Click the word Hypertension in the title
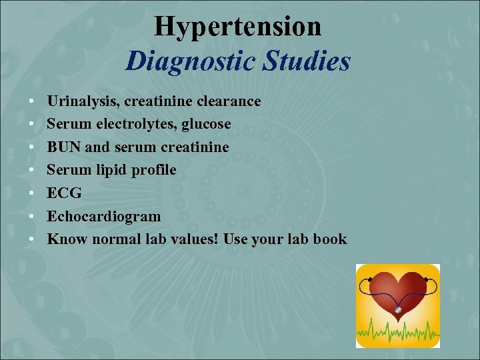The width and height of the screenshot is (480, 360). pyautogui.click(x=237, y=27)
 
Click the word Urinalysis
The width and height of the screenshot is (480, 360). pyautogui.click(x=79, y=101)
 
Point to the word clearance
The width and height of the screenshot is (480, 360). pyautogui.click(x=229, y=101)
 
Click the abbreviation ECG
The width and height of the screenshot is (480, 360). pyautogui.click(x=64, y=193)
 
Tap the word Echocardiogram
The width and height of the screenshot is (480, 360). pyautogui.click(x=103, y=216)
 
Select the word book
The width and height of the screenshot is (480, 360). pyautogui.click(x=329, y=239)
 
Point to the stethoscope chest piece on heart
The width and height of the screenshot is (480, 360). pyautogui.click(x=398, y=309)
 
